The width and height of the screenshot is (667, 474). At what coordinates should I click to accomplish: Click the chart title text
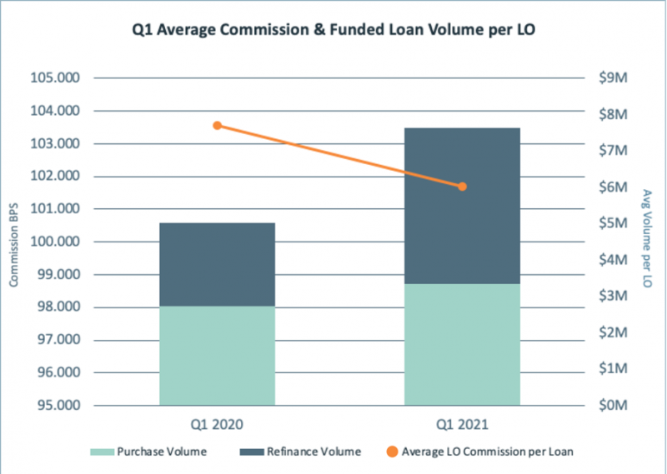(333, 32)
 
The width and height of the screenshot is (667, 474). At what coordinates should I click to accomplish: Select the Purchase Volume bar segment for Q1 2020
(217, 356)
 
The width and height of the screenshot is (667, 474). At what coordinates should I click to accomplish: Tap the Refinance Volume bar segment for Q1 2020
(217, 264)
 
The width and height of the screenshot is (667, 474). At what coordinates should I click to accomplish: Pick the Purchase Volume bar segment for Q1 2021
(462, 345)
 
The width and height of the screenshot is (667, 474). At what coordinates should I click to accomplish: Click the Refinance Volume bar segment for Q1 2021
(462, 206)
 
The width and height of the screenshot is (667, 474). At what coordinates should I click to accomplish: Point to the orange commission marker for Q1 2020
(217, 126)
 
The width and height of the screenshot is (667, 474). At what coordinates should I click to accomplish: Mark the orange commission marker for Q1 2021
(462, 187)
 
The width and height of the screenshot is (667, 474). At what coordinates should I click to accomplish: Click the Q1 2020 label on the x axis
(217, 424)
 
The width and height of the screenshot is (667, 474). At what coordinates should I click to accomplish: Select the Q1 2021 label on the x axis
(462, 424)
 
